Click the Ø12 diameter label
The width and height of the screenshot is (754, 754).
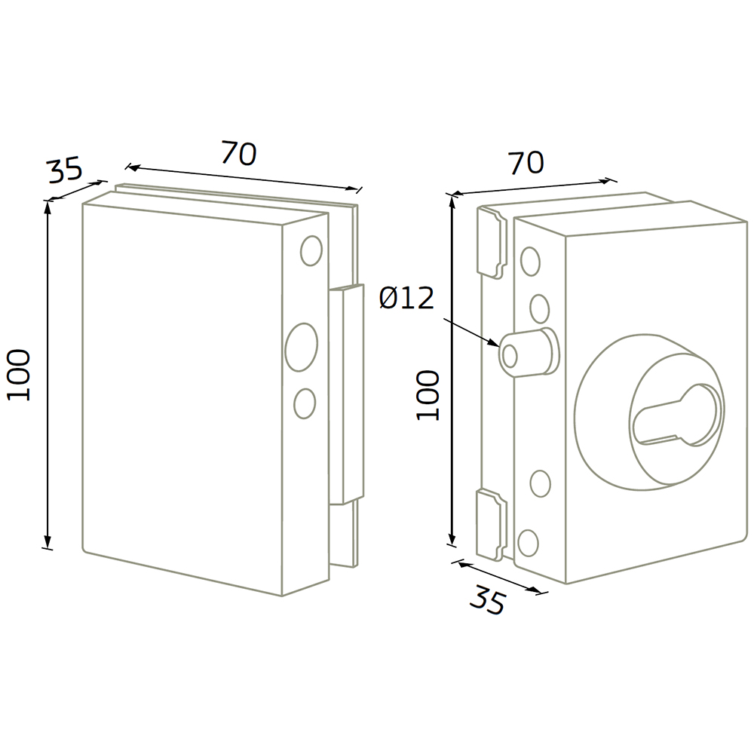pyautogui.click(x=407, y=298)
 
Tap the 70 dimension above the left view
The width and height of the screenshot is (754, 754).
pyautogui.click(x=239, y=153)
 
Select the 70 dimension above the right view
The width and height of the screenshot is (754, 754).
pyautogui.click(x=526, y=163)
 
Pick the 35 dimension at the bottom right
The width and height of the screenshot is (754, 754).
pyautogui.click(x=488, y=599)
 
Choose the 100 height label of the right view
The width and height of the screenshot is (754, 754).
pyautogui.click(x=428, y=395)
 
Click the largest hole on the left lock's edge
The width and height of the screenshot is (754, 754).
pyautogui.click(x=302, y=347)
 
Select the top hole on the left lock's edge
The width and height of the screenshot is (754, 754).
pyautogui.click(x=311, y=251)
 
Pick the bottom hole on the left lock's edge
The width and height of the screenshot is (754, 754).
pyautogui.click(x=305, y=403)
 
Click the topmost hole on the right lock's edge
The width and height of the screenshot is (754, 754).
pyautogui.click(x=530, y=262)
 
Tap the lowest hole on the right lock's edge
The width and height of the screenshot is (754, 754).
pyautogui.click(x=529, y=543)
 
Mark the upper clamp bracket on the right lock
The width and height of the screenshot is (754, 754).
pyautogui.click(x=492, y=243)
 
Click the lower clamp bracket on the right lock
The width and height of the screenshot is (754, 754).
pyautogui.click(x=492, y=525)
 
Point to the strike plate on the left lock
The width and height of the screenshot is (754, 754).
pyautogui.click(x=346, y=394)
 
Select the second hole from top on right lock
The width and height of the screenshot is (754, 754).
pyautogui.click(x=540, y=308)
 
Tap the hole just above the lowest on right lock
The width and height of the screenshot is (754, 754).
pyautogui.click(x=541, y=484)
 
